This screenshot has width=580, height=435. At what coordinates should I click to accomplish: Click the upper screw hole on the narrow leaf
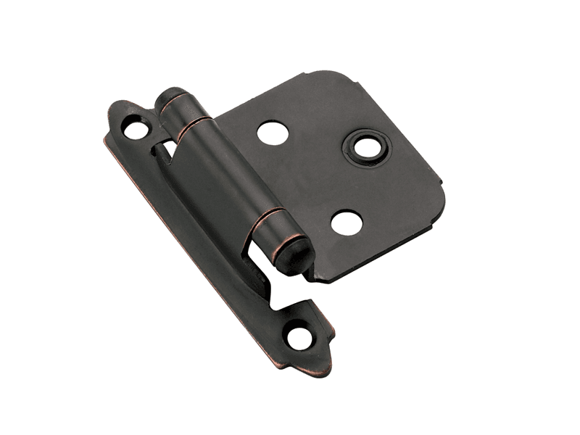[135, 130]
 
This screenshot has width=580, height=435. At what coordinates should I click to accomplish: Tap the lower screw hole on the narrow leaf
[298, 338]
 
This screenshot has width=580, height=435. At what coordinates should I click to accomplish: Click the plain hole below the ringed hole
[347, 222]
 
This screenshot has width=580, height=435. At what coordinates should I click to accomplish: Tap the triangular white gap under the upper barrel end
[167, 149]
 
